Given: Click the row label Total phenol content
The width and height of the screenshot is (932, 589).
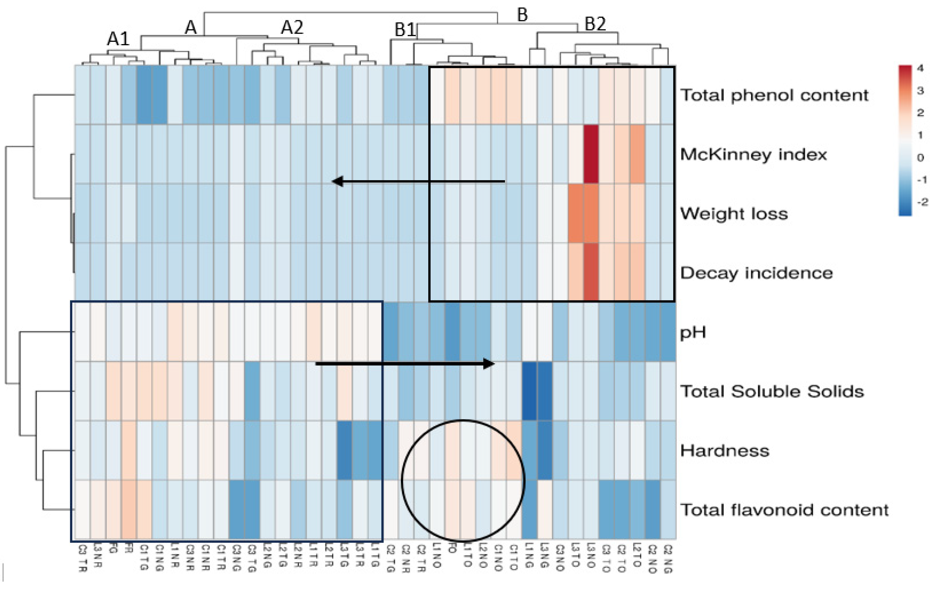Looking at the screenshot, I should point(774,95).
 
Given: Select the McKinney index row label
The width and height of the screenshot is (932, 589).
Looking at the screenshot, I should point(753,154).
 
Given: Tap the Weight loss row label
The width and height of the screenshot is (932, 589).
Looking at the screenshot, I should point(734,214).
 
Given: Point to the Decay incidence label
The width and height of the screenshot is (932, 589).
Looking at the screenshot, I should point(756,273).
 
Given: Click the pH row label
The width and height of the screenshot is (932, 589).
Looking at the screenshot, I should point(693,332).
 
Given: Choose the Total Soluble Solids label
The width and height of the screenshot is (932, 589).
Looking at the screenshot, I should point(772,391).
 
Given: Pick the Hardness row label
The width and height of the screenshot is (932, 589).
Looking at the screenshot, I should point(725,451).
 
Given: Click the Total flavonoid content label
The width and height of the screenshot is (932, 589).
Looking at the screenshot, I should point(784,510).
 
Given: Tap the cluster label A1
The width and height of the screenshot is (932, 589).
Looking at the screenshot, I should point(118,39).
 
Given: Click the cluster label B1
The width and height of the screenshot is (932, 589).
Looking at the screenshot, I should point(405,30).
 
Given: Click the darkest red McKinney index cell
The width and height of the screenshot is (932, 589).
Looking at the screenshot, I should point(591,154).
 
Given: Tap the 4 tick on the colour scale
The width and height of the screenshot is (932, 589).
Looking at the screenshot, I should point(920,68).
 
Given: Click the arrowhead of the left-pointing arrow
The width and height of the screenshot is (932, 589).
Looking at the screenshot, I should point(337,181).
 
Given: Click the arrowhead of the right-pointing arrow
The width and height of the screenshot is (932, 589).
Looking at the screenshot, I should point(490,364).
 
